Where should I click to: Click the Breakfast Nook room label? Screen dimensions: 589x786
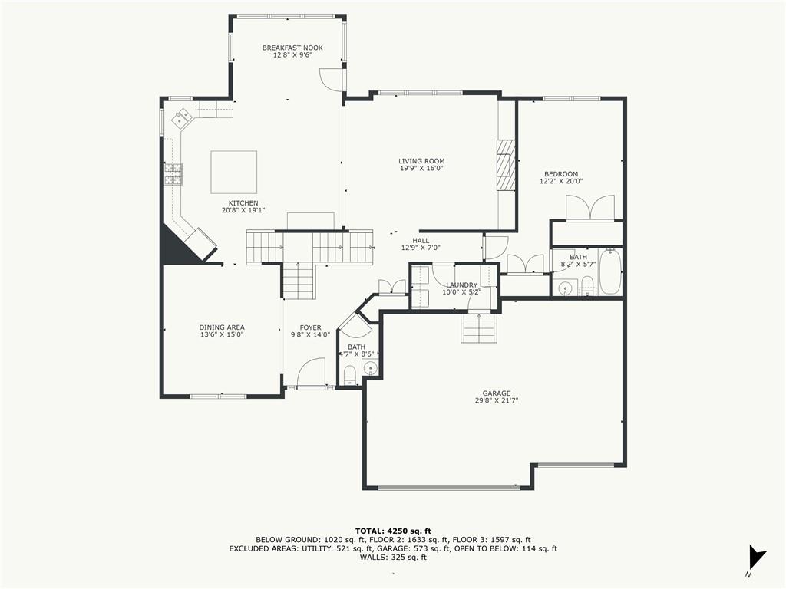pos(292,48)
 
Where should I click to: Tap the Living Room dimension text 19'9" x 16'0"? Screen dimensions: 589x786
pos(421,168)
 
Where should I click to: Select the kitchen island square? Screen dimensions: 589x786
pos(234,172)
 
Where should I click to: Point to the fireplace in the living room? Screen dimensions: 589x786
pos(506,164)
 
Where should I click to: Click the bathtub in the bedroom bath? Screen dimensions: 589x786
pos(610,272)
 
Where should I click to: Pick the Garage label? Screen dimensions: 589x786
pos(496,393)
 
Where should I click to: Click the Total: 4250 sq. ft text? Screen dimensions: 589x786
pos(393,531)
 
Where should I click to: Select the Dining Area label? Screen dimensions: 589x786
pos(222,327)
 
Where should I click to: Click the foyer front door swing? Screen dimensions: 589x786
pos(311,373)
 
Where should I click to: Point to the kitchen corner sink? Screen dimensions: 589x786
pos(183,118)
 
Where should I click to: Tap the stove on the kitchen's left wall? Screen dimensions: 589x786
pos(173,174)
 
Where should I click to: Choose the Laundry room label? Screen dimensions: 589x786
pos(461,285)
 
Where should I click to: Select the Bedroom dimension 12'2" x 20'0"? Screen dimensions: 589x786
pos(560,182)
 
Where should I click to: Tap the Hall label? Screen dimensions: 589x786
pos(421,240)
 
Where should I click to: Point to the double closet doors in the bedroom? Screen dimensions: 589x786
pos(589,208)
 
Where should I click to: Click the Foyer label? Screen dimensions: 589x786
pos(310,327)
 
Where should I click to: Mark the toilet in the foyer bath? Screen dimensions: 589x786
pos(349,375)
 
